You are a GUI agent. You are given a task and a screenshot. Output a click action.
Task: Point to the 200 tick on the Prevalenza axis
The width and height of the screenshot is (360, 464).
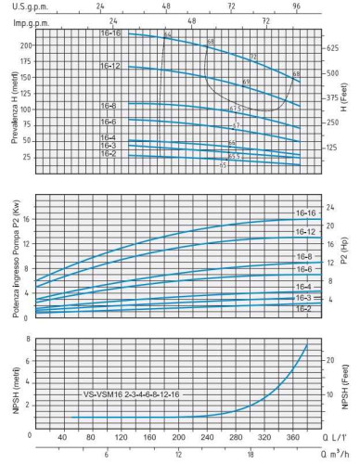coord(25,45)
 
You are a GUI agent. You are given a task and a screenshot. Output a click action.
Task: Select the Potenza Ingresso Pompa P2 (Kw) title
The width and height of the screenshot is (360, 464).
coord(14,264)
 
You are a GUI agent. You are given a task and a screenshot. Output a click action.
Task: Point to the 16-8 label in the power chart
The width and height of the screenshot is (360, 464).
coord(303,256)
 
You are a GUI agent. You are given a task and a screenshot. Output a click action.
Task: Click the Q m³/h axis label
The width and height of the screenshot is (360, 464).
coord(335,455)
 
